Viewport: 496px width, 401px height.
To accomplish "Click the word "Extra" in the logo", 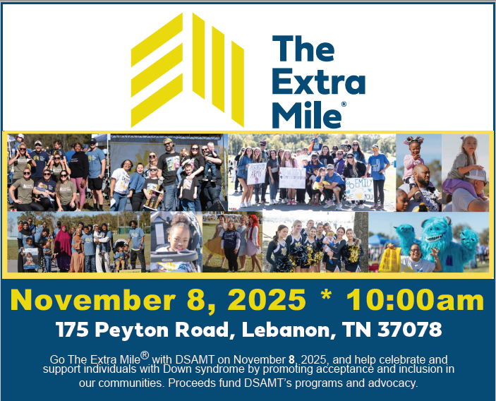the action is (318, 81).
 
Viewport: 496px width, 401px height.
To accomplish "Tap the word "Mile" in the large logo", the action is (306, 114).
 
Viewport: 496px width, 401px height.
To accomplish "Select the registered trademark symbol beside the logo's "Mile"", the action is (344, 104).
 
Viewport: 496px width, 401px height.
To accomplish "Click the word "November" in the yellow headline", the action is (93, 299).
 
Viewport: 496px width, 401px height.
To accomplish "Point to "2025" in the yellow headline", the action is (267, 299).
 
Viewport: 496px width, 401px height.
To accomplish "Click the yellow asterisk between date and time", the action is (326, 295).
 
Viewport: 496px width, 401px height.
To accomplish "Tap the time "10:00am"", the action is (415, 299).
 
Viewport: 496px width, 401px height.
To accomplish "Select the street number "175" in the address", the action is (73, 330).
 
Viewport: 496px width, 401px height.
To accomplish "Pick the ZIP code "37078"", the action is (410, 330).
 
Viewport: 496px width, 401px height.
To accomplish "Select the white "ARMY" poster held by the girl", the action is (257, 174).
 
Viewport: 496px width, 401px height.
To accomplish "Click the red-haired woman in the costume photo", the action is (253, 235).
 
